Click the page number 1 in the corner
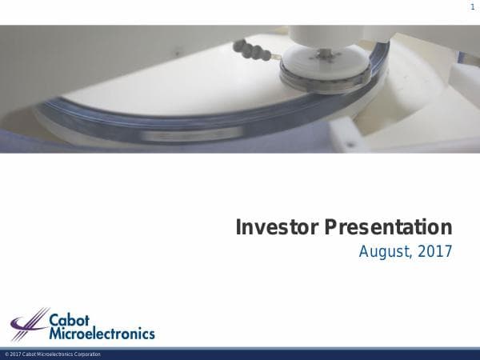click(473, 7)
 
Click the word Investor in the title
click(277, 227)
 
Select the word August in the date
click(383, 252)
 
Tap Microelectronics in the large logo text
click(102, 333)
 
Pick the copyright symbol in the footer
click(6, 354)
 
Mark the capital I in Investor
click(238, 227)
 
